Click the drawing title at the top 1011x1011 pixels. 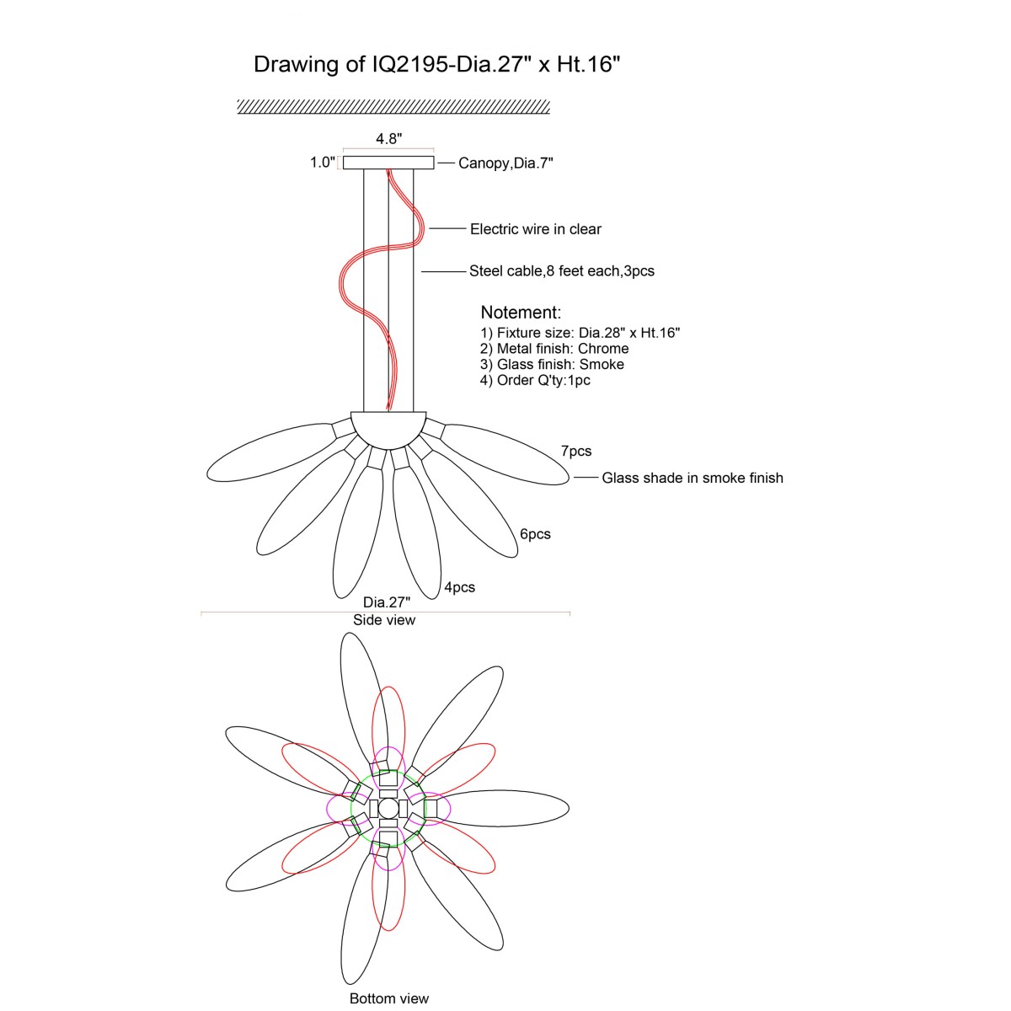pyautogui.click(x=436, y=65)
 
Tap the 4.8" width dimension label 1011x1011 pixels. pyautogui.click(x=388, y=138)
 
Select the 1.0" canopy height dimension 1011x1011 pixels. pyautogui.click(x=322, y=162)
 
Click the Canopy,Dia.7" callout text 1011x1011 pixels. pyautogui.click(x=505, y=163)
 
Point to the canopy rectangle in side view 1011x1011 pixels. pyautogui.click(x=388, y=163)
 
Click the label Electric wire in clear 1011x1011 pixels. pyautogui.click(x=535, y=229)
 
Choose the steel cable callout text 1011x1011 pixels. pyautogui.click(x=561, y=270)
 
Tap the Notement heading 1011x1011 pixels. pyautogui.click(x=521, y=313)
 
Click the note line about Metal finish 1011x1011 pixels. pyautogui.click(x=554, y=348)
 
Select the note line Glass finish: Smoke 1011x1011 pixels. pyautogui.click(x=552, y=364)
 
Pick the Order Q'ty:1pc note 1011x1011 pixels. pyautogui.click(x=535, y=380)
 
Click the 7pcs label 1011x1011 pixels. pyautogui.click(x=576, y=451)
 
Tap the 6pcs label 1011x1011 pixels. pyautogui.click(x=535, y=534)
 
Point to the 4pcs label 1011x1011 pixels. pyautogui.click(x=460, y=587)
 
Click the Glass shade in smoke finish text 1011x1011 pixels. pyautogui.click(x=692, y=478)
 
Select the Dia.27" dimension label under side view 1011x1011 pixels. pyautogui.click(x=387, y=602)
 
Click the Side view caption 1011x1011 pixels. pyautogui.click(x=384, y=619)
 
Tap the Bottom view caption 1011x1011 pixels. pyautogui.click(x=389, y=998)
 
